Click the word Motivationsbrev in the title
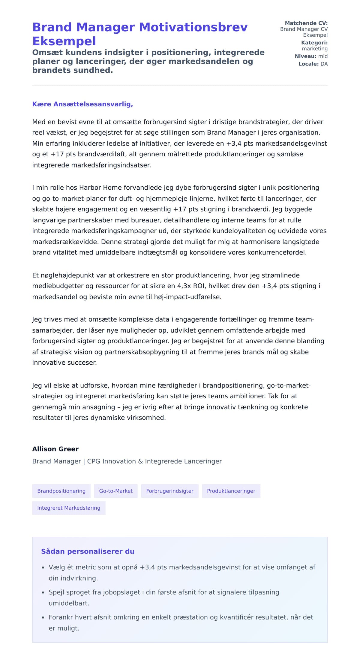(193, 27)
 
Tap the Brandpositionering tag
(61, 491)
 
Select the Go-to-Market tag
(116, 491)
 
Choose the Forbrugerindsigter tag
(170, 491)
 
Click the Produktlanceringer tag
(231, 491)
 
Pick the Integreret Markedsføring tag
(69, 508)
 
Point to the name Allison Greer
(55, 449)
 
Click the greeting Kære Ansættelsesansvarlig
(82, 104)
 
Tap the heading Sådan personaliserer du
(88, 551)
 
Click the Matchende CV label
(306, 23)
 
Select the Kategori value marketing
(315, 49)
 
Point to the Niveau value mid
(323, 56)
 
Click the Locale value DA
(324, 64)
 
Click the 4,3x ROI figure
(190, 286)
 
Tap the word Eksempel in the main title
(64, 41)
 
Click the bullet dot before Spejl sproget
(43, 593)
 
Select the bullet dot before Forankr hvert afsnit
(43, 618)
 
